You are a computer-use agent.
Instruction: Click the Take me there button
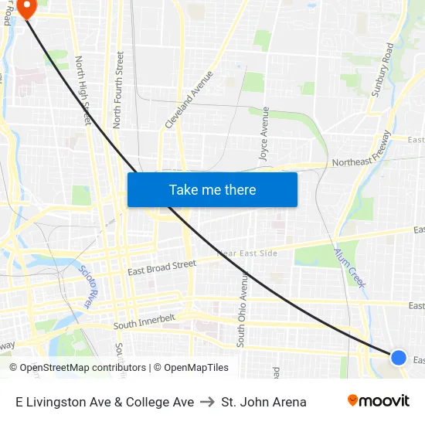[212, 189]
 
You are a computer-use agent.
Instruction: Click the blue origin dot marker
[399, 357]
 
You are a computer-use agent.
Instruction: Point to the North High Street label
[83, 90]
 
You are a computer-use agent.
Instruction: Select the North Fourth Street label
[118, 90]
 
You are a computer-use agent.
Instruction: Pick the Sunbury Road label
[382, 70]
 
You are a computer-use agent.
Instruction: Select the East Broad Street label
[161, 267]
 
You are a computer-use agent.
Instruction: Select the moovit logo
[378, 401]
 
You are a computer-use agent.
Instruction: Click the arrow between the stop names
[208, 402]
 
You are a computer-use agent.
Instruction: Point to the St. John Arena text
[263, 402]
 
